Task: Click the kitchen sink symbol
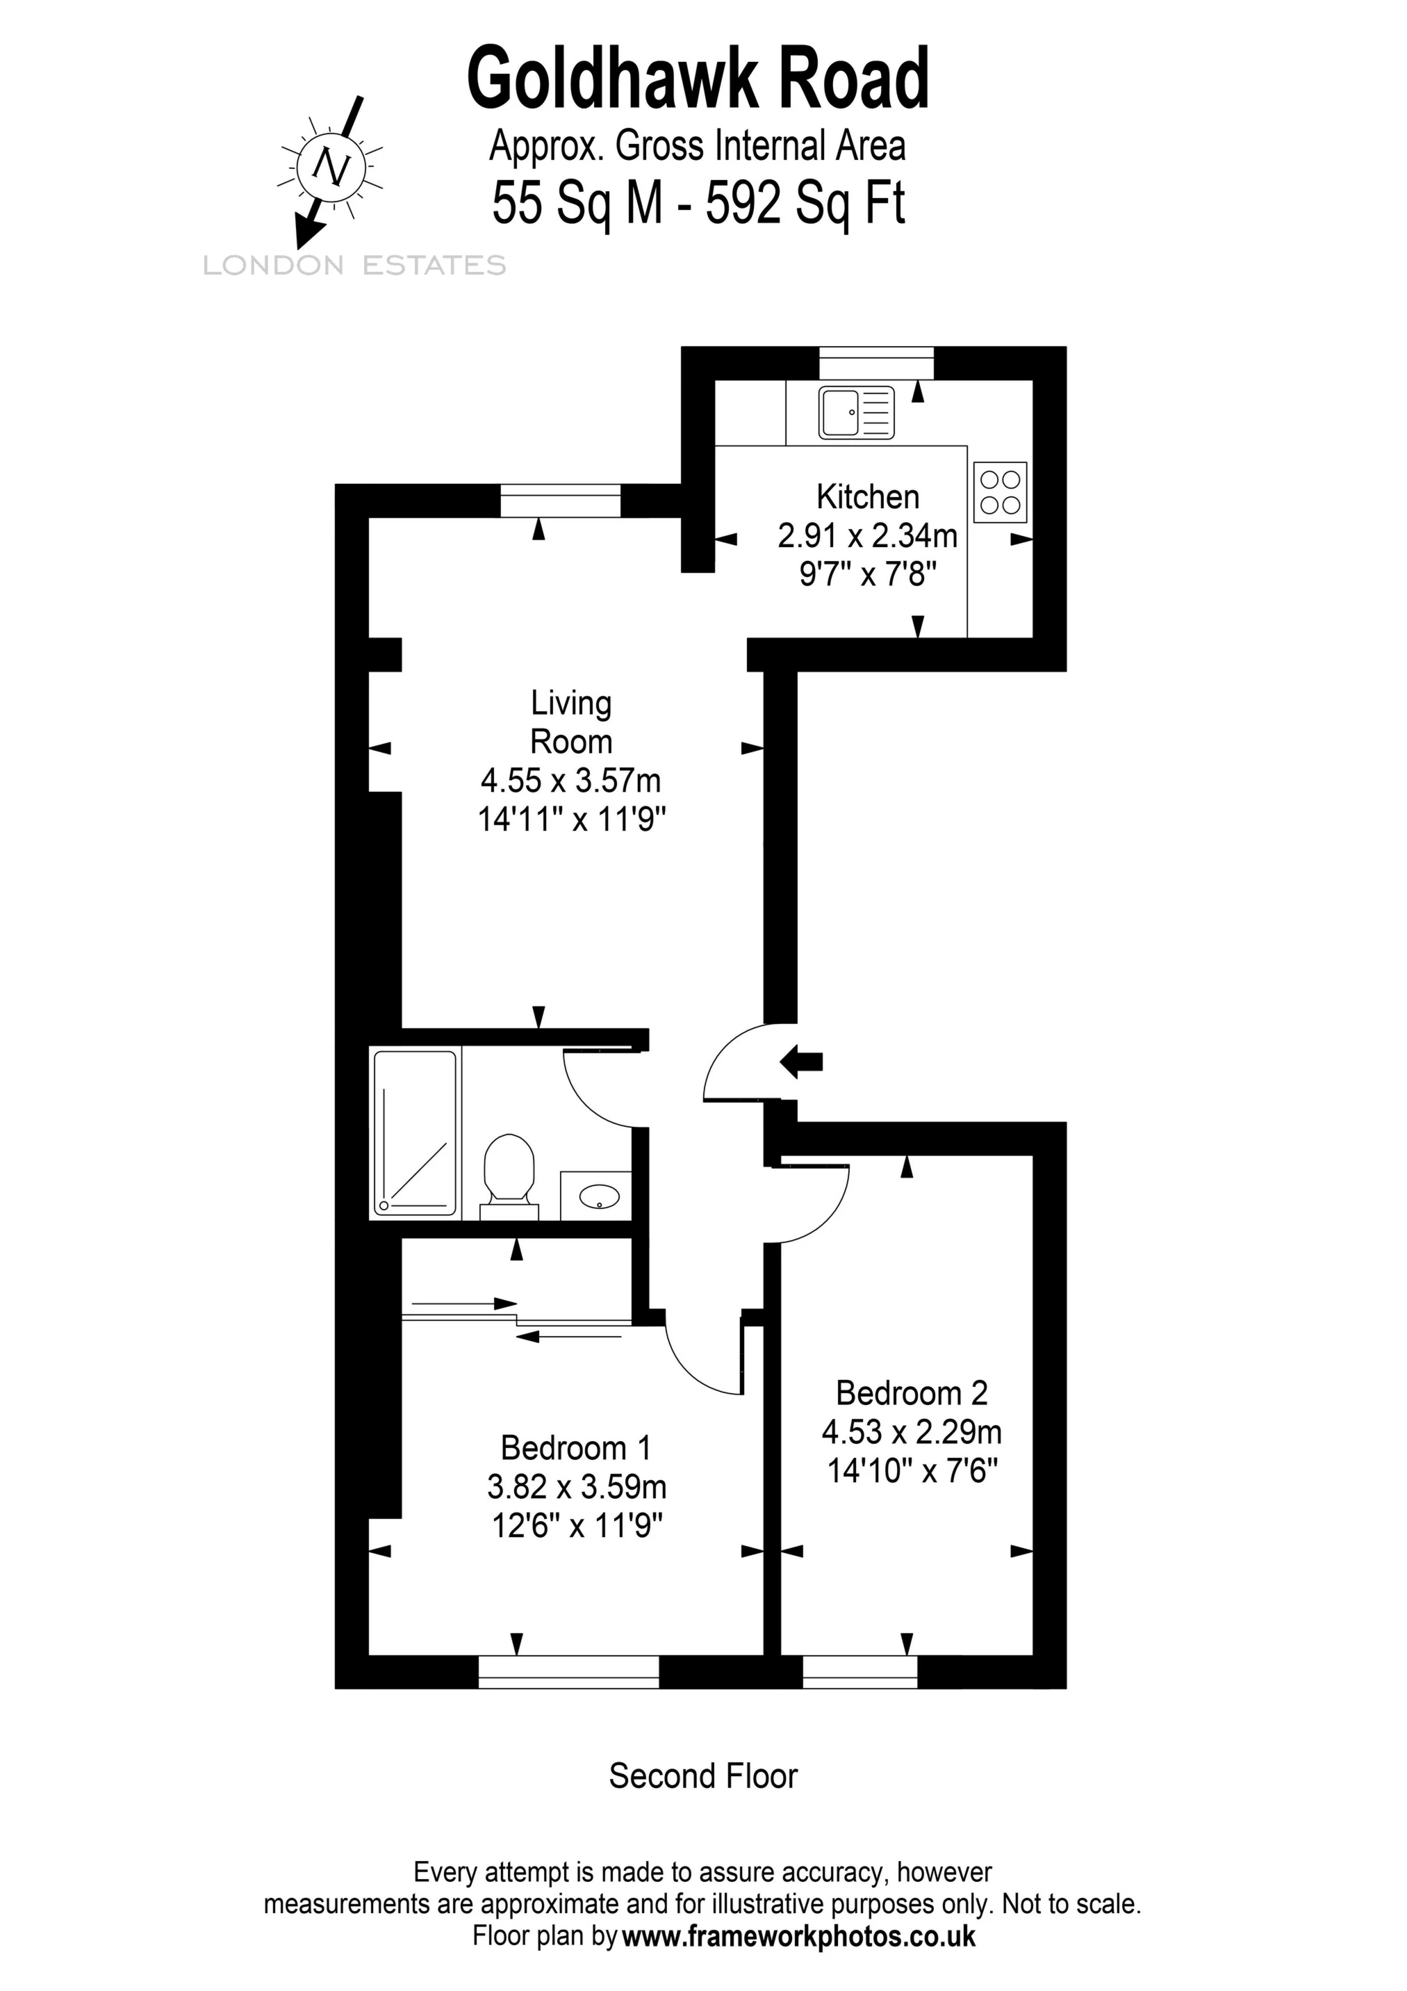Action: [x=855, y=412]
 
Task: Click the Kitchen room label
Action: [x=867, y=497]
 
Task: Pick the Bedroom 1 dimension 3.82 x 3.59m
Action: [x=577, y=1486]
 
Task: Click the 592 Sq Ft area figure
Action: [x=805, y=204]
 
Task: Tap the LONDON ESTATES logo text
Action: [x=354, y=266]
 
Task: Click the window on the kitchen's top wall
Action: [x=876, y=362]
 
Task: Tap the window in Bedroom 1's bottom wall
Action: [x=568, y=1671]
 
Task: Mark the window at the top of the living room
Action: [x=561, y=501]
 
